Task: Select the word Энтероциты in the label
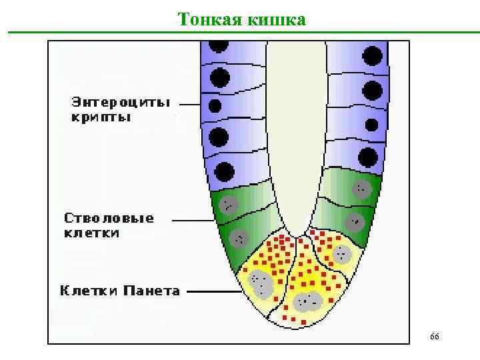(x=121, y=103)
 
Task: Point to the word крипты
(x=101, y=117)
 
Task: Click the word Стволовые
(x=109, y=218)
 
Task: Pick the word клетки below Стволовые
(x=92, y=233)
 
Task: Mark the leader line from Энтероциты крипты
(x=189, y=105)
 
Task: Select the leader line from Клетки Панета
(x=213, y=291)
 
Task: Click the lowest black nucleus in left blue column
(x=225, y=171)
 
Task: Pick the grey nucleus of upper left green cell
(x=228, y=204)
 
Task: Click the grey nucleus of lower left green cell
(x=239, y=237)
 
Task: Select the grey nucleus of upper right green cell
(x=362, y=189)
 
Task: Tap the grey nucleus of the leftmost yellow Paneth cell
(x=260, y=284)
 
